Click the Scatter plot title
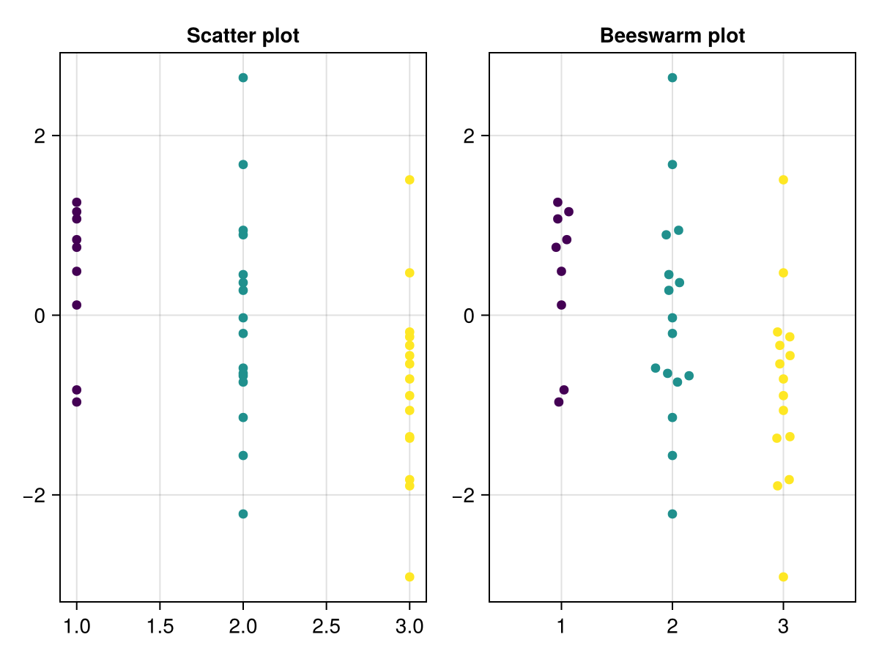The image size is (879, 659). (x=242, y=36)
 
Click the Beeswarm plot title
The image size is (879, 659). (x=672, y=36)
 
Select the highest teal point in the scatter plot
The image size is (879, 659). (x=243, y=78)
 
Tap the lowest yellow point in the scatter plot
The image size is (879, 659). (x=409, y=577)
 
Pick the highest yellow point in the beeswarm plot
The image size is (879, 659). (x=783, y=180)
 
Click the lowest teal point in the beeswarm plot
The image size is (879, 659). (x=672, y=514)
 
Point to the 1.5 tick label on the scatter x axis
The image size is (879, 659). (x=160, y=627)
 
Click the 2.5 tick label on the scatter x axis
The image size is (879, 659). (x=326, y=627)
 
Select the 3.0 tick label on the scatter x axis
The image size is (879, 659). (x=409, y=627)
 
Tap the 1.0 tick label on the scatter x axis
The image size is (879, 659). (x=76, y=627)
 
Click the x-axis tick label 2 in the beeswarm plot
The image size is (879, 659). (x=672, y=627)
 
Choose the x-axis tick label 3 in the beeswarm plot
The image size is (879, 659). (x=783, y=627)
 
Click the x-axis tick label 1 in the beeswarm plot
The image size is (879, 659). (x=561, y=627)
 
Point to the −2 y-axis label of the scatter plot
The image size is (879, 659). (x=35, y=495)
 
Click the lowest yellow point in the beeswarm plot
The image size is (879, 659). (x=783, y=577)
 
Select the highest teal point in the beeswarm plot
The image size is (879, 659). (x=672, y=78)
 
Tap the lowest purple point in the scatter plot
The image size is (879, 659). (x=76, y=401)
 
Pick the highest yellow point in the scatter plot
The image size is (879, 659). (x=409, y=180)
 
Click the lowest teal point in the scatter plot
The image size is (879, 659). (x=243, y=514)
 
